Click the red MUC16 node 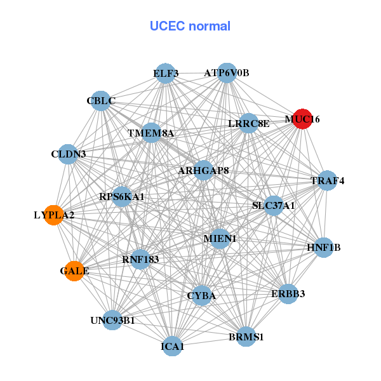point(302,119)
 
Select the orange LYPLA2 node point(54,215)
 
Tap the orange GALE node point(74,271)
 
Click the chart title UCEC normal point(190,26)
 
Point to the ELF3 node point(165,73)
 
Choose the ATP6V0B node point(227,73)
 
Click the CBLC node point(100,100)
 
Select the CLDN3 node point(68,154)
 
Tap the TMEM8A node point(151,133)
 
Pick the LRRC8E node point(248,123)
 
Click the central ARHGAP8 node point(203,170)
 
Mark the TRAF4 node point(327,181)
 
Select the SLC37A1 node point(273,205)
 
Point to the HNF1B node point(324,247)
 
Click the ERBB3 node point(288,293)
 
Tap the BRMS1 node point(246,337)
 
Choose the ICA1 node point(172,346)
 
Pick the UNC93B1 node point(112,320)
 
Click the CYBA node point(202,295)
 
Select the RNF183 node point(140,259)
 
